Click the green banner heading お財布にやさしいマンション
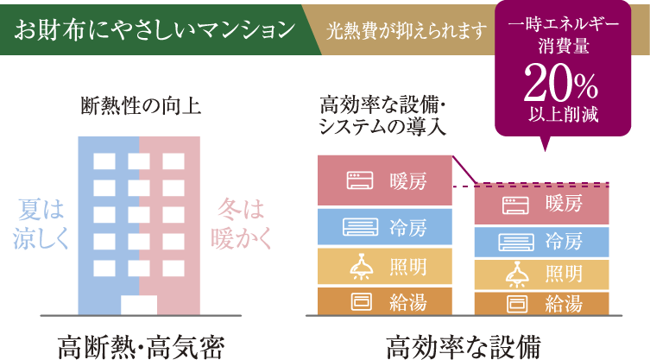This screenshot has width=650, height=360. click(x=155, y=30)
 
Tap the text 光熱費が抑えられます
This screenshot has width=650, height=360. click(x=407, y=31)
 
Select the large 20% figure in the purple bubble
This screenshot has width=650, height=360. click(x=561, y=83)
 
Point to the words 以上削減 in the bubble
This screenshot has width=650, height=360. click(x=564, y=114)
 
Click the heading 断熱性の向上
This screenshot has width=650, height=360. click(x=141, y=106)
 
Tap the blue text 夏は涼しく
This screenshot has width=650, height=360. click(x=41, y=224)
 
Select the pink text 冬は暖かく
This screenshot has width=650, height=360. click(x=241, y=224)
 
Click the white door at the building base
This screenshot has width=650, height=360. click(x=139, y=306)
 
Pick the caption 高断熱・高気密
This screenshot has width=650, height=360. click(x=141, y=346)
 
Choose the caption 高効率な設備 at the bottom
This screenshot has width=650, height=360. click(x=464, y=346)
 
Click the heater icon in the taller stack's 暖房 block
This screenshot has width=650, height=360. click(x=360, y=180)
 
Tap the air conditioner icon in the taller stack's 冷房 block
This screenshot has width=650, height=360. click(x=361, y=227)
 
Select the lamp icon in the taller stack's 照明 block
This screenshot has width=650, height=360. click(x=361, y=267)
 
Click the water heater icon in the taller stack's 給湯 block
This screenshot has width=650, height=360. click(x=362, y=302)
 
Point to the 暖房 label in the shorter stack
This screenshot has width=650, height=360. click(x=564, y=204)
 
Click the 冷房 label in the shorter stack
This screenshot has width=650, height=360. click(x=564, y=242)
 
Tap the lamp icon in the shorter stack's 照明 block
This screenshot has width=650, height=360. click(x=517, y=275)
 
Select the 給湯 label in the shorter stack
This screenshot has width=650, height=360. click(x=564, y=304)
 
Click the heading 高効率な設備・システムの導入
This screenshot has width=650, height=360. click(x=382, y=117)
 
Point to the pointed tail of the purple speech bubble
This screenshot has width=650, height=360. click(x=546, y=150)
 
